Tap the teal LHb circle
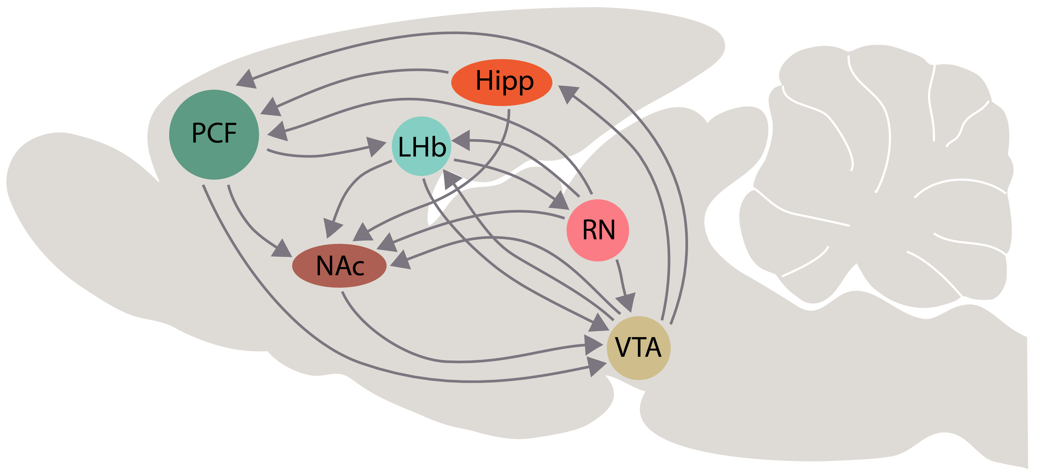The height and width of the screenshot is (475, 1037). point(421,146)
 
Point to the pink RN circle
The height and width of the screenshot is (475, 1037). point(598,230)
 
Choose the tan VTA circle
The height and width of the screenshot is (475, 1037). point(638,348)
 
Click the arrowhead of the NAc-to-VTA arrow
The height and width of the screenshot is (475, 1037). point(594,345)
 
